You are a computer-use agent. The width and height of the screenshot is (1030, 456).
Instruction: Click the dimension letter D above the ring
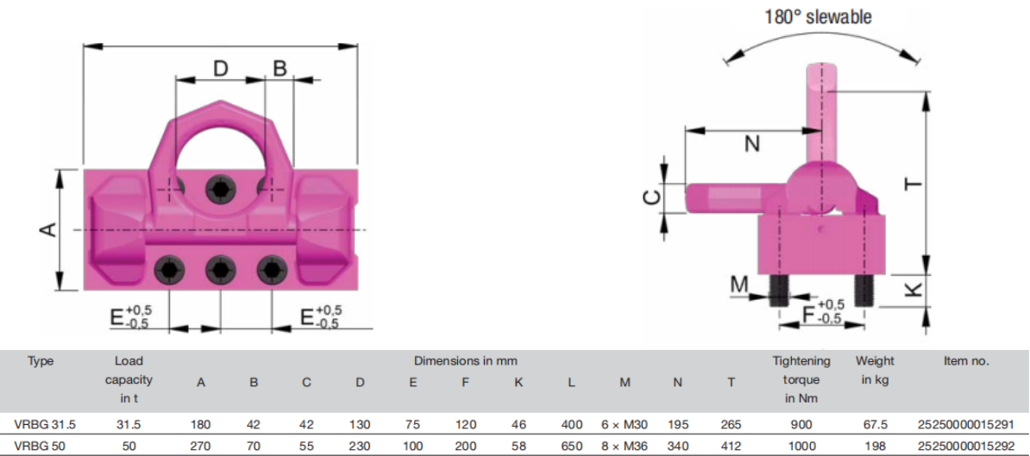tap(221, 68)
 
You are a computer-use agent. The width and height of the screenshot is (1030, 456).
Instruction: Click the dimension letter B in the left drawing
tap(280, 68)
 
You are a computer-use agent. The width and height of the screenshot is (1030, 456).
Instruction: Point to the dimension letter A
tap(47, 229)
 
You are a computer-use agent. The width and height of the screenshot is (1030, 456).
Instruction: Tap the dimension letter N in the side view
tap(753, 144)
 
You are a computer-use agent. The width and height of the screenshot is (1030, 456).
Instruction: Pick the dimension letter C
tap(650, 197)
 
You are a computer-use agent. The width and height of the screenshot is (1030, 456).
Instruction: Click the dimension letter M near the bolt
tap(740, 284)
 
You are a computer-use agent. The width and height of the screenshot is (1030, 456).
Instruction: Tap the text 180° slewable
tap(819, 16)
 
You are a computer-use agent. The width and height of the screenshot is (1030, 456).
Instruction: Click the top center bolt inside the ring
tap(220, 190)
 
